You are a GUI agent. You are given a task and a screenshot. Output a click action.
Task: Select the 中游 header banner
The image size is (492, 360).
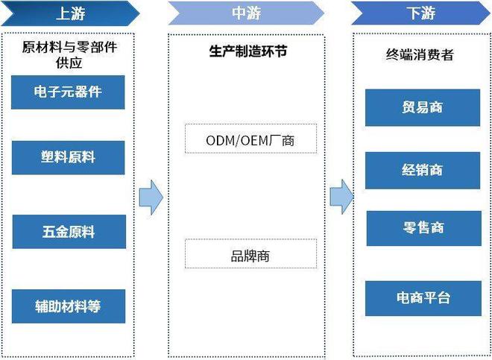point(246,13)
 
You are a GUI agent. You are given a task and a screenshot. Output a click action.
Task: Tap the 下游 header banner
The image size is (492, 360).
point(421,13)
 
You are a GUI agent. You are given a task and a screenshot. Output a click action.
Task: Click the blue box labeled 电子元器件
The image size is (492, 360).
point(68,92)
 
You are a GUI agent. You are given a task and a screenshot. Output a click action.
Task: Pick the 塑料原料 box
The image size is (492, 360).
point(68,158)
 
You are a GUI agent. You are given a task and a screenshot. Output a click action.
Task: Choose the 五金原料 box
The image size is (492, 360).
point(68,231)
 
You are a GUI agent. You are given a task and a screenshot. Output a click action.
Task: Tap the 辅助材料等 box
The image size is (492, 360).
point(68,306)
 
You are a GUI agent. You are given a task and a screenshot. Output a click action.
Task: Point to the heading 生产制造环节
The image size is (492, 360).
point(246,51)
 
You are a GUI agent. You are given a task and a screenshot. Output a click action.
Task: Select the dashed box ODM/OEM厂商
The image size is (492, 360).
point(250,139)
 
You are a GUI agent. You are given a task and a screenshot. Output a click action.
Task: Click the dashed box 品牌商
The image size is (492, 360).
point(250,255)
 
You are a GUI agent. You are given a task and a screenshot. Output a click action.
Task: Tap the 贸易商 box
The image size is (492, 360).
point(422,107)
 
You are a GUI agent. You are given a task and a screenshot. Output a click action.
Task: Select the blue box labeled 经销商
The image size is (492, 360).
point(422,170)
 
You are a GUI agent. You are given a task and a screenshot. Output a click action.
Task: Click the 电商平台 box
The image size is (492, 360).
point(422,297)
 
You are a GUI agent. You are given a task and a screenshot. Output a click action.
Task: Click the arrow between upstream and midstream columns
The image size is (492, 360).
point(151,197)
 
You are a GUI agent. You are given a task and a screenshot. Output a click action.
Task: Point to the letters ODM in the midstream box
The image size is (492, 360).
point(221,139)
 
